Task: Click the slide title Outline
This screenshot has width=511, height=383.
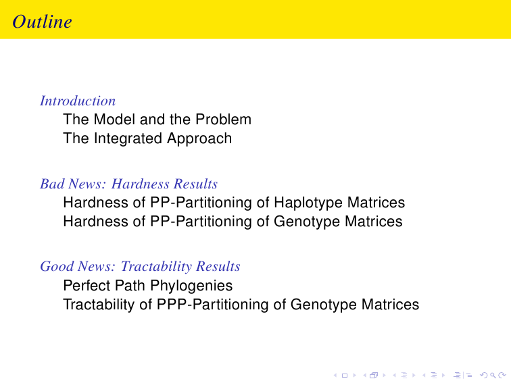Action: (42, 22)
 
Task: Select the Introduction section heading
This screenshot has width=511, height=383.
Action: (78, 101)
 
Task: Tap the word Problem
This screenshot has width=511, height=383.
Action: (223, 119)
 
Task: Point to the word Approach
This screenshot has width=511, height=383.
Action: (199, 138)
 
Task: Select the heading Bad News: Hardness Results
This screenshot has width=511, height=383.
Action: (128, 184)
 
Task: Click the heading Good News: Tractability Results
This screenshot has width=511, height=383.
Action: (140, 266)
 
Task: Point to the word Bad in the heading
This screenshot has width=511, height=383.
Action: (52, 184)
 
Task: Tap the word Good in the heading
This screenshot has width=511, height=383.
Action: (57, 266)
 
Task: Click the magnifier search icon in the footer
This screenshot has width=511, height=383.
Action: (493, 376)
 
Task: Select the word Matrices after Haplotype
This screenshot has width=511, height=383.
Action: (376, 203)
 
